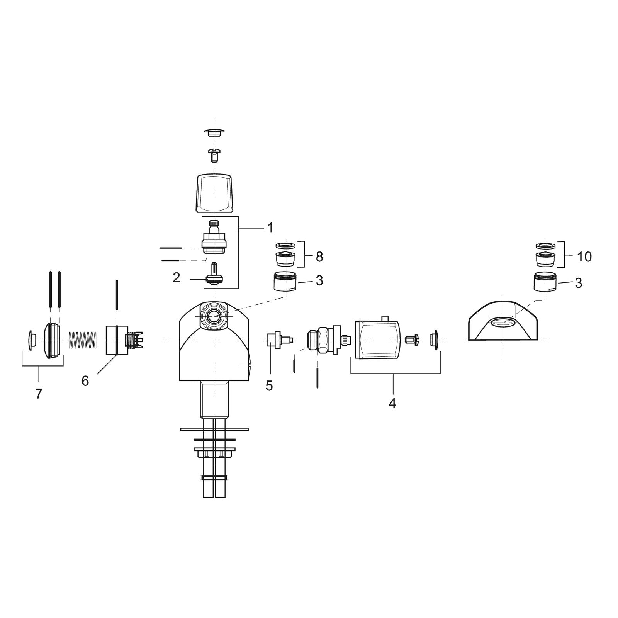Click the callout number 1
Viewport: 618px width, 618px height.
270,228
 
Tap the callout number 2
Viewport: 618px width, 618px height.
177,278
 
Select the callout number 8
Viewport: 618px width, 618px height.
319,257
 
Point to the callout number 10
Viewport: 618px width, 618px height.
585,257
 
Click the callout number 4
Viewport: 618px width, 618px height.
392,403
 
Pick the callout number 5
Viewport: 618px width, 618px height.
269,385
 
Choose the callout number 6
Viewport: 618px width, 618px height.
85,381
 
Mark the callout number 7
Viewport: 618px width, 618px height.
39,394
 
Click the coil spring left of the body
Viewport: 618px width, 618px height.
82,340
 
